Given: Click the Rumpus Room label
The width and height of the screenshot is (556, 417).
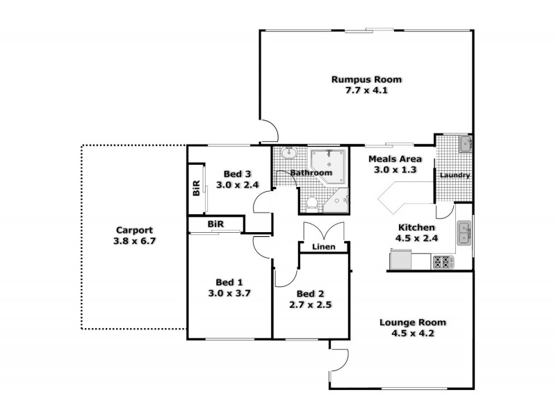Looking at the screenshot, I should pyautogui.click(x=366, y=79).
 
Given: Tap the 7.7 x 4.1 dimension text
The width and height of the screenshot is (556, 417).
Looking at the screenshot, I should pyautogui.click(x=366, y=91).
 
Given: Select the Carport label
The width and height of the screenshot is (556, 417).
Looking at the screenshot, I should pyautogui.click(x=134, y=230).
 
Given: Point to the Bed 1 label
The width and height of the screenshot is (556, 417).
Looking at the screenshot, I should pyautogui.click(x=229, y=281).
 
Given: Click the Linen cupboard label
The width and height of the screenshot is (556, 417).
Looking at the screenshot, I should pyautogui.click(x=324, y=247).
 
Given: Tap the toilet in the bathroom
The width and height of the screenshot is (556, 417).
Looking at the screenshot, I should pyautogui.click(x=313, y=203).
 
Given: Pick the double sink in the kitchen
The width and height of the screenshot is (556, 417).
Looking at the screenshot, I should pyautogui.click(x=464, y=234).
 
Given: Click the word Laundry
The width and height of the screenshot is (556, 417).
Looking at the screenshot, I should pyautogui.click(x=455, y=175).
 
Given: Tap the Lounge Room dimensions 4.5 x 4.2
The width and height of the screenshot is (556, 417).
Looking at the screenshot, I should pyautogui.click(x=412, y=334).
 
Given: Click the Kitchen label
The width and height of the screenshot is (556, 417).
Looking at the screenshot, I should pyautogui.click(x=416, y=227).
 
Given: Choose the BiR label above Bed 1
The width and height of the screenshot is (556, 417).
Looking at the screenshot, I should pyautogui.click(x=215, y=224).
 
